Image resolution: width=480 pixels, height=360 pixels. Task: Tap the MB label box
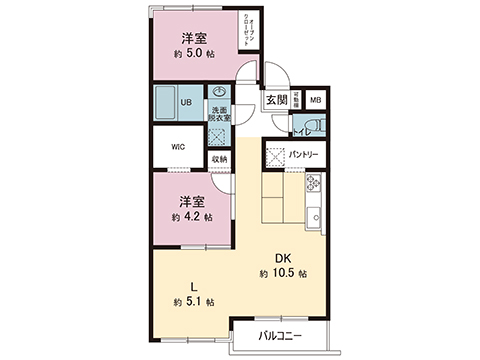[x=313, y=100]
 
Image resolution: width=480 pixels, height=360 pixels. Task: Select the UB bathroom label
[x=186, y=102]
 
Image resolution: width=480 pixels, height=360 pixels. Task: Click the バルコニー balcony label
[x=279, y=335]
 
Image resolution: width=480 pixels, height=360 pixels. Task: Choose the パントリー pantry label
[x=303, y=155]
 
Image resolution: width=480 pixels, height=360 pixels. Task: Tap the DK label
[x=283, y=256]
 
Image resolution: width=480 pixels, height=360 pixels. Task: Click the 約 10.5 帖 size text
[x=283, y=273]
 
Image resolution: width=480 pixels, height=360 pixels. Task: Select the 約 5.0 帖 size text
[x=193, y=56]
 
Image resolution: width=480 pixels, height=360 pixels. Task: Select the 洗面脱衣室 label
[x=220, y=113]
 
